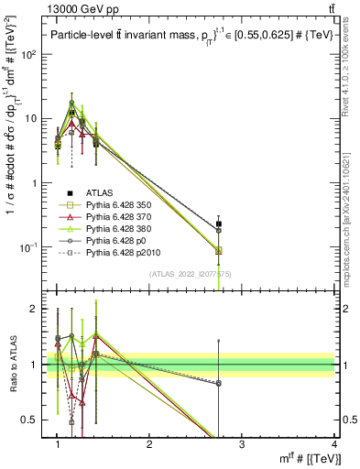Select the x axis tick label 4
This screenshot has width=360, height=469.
click(334, 444)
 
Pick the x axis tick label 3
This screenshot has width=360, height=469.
click(242, 444)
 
